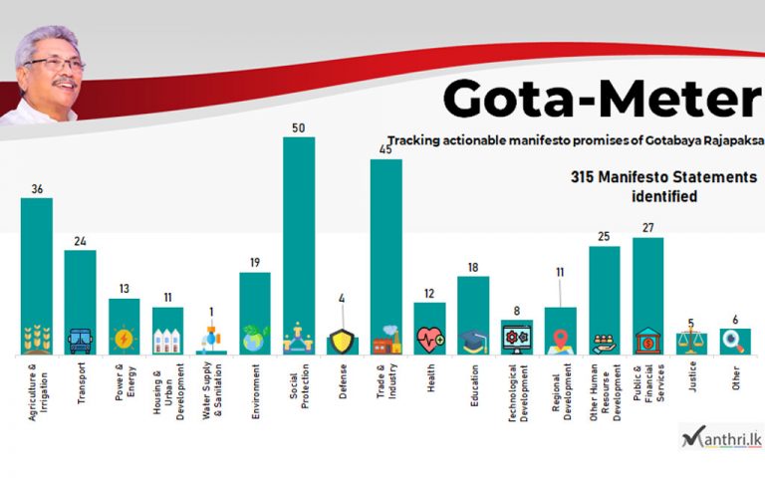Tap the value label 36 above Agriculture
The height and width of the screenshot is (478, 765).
36,189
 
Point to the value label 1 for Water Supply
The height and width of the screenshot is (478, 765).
211,311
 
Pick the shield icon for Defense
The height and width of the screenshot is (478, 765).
343,342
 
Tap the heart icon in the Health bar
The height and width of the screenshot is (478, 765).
430,341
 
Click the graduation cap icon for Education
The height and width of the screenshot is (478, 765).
473,341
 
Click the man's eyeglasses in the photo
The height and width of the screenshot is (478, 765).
56,66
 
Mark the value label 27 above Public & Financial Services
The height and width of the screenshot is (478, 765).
648,228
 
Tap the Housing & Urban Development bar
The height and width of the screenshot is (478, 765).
167,330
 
